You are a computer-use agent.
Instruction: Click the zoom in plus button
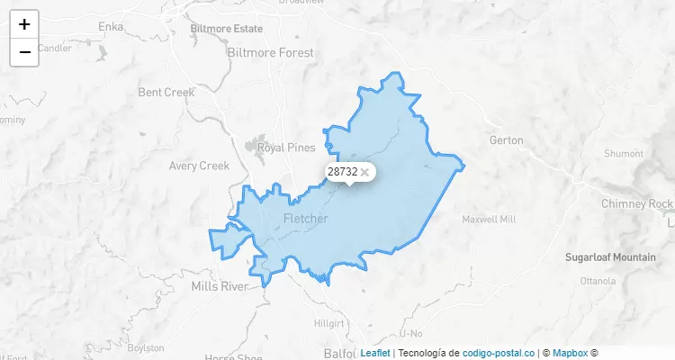click(x=24, y=24)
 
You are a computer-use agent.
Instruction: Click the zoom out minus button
click(x=24, y=52)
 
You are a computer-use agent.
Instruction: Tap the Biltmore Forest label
click(x=271, y=53)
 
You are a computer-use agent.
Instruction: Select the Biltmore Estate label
click(x=226, y=29)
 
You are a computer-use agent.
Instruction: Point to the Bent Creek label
click(x=166, y=93)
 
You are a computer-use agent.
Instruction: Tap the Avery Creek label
click(x=200, y=166)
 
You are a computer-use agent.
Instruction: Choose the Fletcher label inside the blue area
click(x=306, y=219)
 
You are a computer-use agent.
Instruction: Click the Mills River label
click(x=220, y=287)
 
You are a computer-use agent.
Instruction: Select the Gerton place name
click(x=505, y=140)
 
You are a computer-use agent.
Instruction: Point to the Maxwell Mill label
click(x=489, y=220)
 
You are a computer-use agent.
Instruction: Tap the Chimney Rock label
click(x=637, y=203)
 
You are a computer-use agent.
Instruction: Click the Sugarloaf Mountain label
click(x=610, y=257)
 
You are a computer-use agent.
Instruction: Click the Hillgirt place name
click(x=328, y=322)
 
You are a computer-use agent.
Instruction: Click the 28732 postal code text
click(x=342, y=171)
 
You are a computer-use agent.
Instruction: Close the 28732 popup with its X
click(x=364, y=172)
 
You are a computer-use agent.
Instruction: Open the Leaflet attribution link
click(x=374, y=354)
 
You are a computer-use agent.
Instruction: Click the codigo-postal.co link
click(x=498, y=354)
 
